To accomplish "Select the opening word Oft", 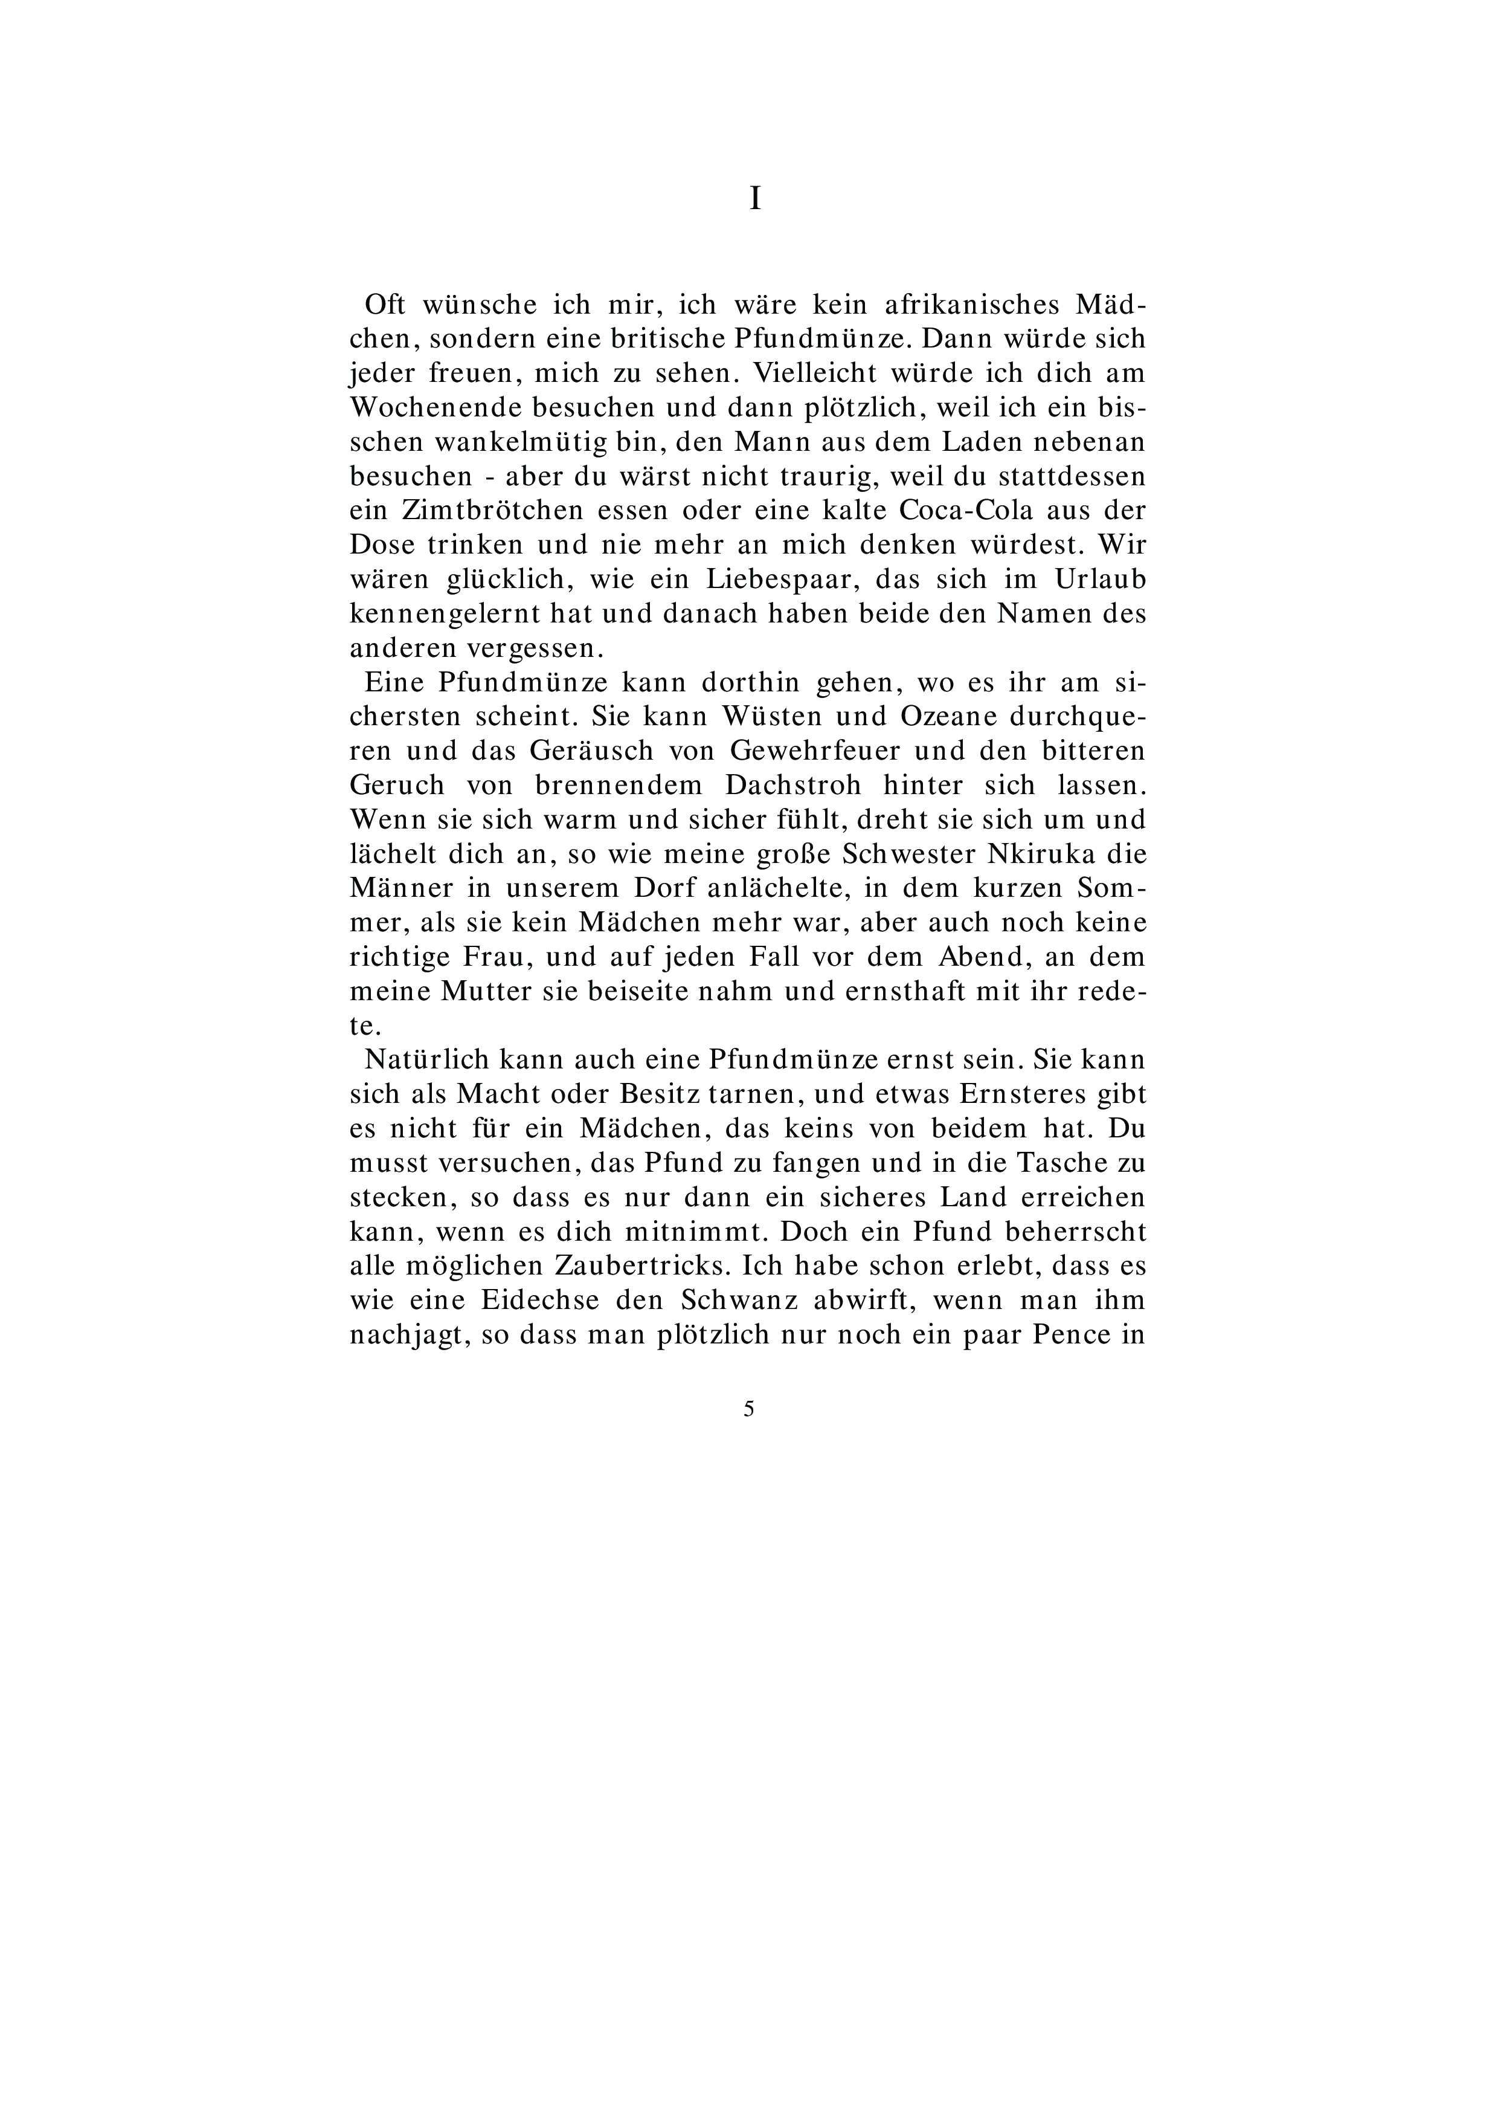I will [x=387, y=305].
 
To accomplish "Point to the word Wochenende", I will [x=426, y=408].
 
